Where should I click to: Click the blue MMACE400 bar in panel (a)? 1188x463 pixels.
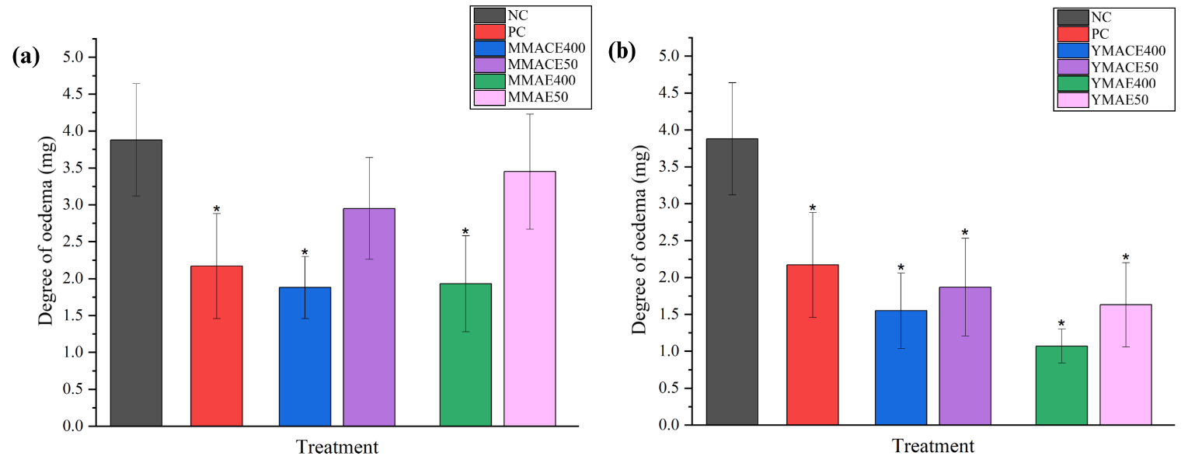click(305, 357)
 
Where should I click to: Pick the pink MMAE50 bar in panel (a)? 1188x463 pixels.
click(530, 298)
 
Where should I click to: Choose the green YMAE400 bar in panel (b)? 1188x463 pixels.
click(1061, 385)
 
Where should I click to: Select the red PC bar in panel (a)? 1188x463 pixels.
click(216, 346)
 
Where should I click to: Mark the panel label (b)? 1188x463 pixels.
click(622, 52)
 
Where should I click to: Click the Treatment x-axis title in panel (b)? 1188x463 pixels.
click(932, 447)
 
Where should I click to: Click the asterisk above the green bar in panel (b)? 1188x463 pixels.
click(1061, 324)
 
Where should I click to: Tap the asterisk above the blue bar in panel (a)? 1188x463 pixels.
click(305, 252)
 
